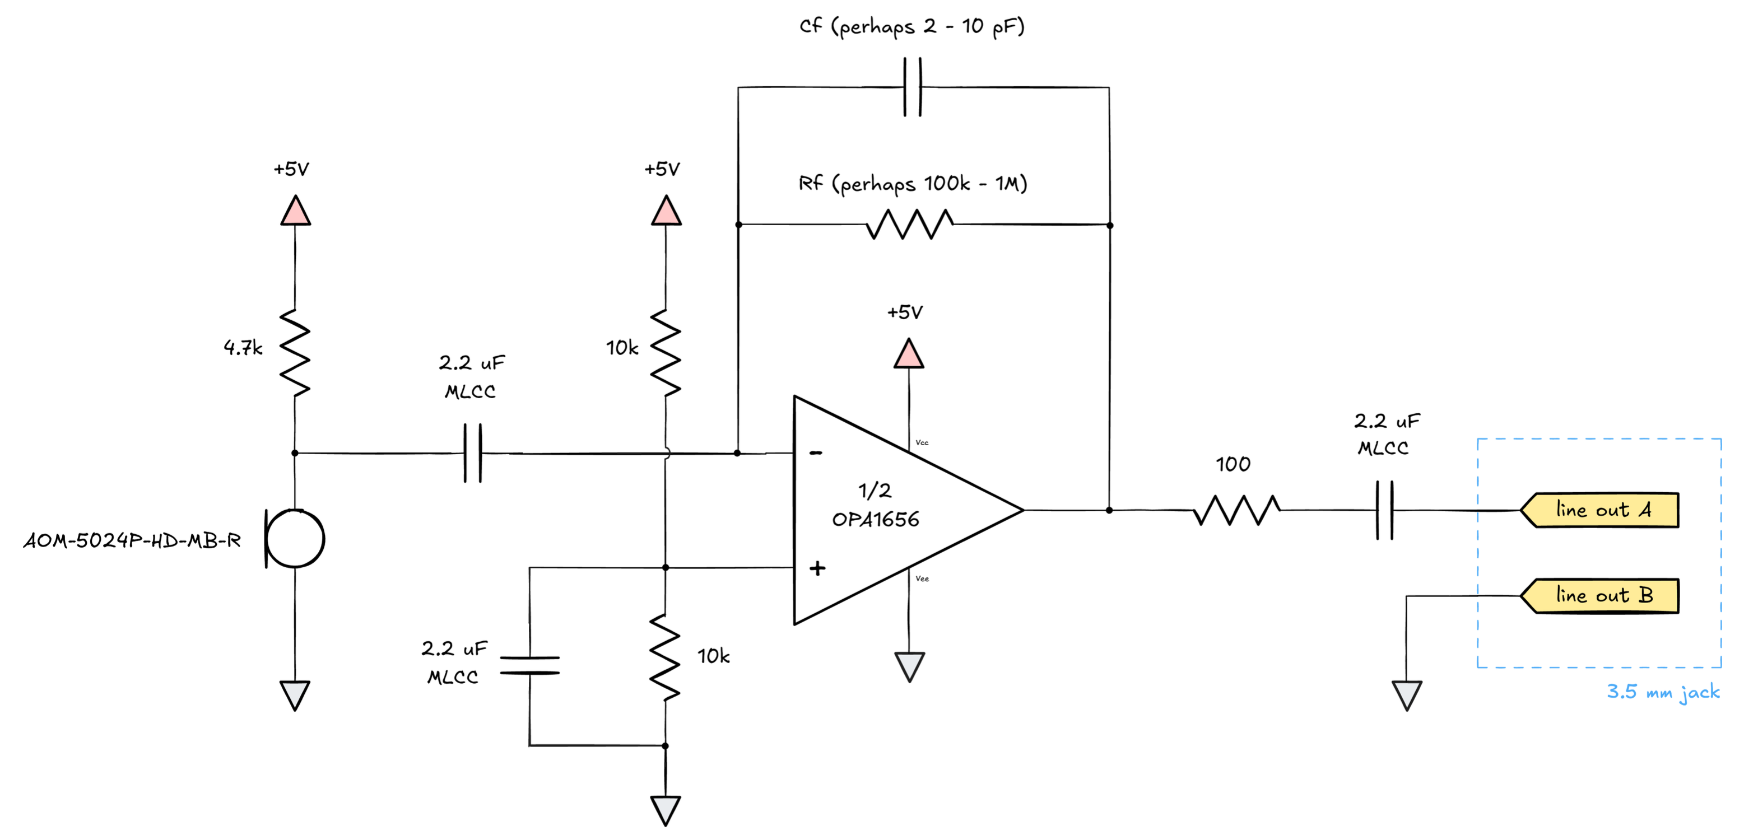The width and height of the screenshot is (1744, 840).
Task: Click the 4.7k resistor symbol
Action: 295,353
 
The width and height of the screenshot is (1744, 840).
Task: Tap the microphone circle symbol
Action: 295,539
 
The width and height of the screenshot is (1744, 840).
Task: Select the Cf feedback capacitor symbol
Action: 913,87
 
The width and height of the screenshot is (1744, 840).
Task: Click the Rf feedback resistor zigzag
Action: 909,225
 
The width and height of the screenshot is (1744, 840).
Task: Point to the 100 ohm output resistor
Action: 1236,510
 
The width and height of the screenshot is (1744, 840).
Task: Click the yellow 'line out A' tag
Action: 1601,510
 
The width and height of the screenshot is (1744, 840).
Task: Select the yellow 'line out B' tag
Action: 1601,596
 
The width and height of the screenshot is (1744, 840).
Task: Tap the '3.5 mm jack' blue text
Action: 1663,692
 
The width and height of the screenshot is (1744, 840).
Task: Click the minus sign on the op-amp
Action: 816,453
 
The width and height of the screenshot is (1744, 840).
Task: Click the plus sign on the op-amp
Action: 817,568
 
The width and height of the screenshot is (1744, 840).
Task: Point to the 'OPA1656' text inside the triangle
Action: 876,520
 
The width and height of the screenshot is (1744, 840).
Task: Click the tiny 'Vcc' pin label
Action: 922,442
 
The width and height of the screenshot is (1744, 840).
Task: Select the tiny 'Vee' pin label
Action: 922,578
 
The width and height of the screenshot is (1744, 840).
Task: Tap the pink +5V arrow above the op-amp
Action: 909,354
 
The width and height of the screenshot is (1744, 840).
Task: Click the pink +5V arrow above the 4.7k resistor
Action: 295,211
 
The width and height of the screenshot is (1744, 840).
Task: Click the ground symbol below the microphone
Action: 295,695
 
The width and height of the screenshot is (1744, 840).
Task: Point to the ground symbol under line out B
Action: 1407,695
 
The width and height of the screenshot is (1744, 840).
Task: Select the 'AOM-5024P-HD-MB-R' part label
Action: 133,541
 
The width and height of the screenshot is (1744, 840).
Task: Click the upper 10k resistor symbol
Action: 666,353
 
